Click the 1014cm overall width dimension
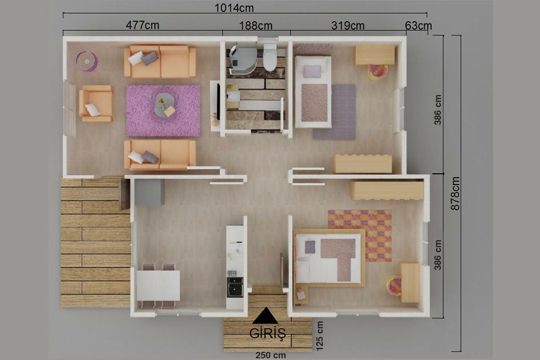[x=234, y=8]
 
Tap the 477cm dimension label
[x=142, y=25]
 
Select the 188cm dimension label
[x=255, y=25]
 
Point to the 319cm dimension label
[x=347, y=25]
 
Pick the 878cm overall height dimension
[x=455, y=193]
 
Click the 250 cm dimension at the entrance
[x=270, y=355]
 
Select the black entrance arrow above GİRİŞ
[x=265, y=316]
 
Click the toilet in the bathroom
[x=270, y=59]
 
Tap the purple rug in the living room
[x=163, y=110]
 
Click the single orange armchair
[x=96, y=103]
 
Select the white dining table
[x=158, y=285]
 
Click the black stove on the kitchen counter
[x=235, y=285]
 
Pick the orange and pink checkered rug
[x=360, y=235]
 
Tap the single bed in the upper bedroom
[x=313, y=91]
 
